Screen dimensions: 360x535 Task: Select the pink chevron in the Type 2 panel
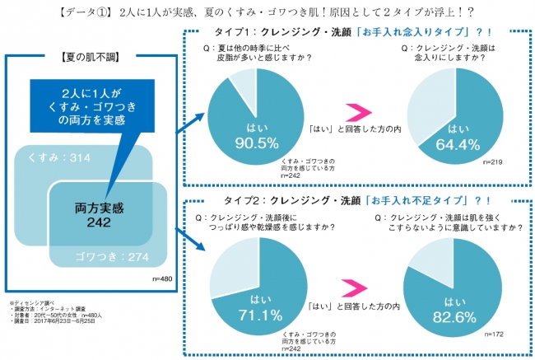(x=356, y=288)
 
